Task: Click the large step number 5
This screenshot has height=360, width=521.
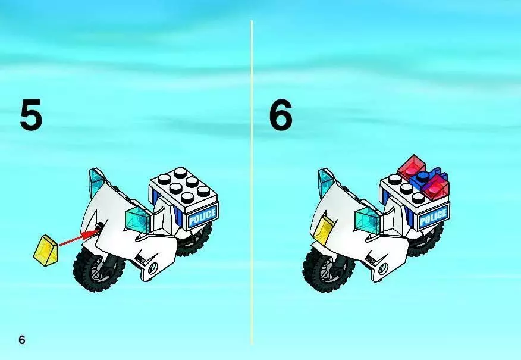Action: click(32, 115)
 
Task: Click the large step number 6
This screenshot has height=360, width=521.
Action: click(281, 115)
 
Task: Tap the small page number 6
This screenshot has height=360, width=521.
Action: click(22, 340)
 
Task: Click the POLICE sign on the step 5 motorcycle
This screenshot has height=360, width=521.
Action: click(203, 215)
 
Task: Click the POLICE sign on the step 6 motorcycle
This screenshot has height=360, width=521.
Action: click(434, 217)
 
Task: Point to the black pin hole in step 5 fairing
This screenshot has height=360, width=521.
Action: click(98, 228)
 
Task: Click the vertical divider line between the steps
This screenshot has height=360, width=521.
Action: click(252, 182)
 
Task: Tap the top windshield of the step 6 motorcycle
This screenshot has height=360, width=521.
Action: click(327, 182)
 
